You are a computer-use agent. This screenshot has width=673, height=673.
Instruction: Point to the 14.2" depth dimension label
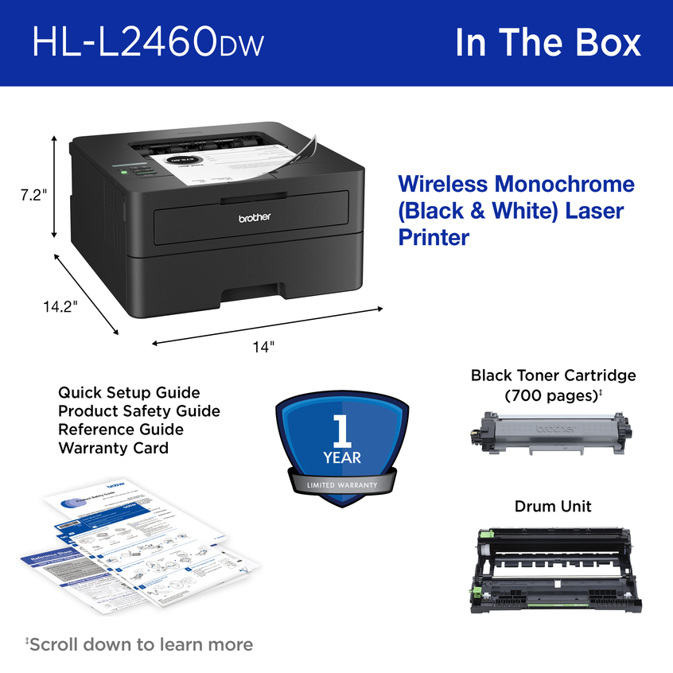[60, 306]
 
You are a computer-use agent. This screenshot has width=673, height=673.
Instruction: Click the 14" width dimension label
[263, 347]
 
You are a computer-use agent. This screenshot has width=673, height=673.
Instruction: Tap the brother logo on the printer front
[255, 216]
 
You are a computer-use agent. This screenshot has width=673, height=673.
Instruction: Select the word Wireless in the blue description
[442, 185]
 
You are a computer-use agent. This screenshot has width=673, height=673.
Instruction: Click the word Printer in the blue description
[434, 237]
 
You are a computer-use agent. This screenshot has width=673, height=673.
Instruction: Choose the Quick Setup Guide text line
[129, 393]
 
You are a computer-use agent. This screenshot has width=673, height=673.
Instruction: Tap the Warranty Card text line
[113, 448]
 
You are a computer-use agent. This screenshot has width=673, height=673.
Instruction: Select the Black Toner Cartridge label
[553, 375]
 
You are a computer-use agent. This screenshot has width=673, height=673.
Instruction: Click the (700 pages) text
[551, 395]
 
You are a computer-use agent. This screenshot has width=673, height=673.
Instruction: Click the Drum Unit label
[553, 506]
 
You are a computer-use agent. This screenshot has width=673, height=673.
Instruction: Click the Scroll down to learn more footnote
[139, 644]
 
